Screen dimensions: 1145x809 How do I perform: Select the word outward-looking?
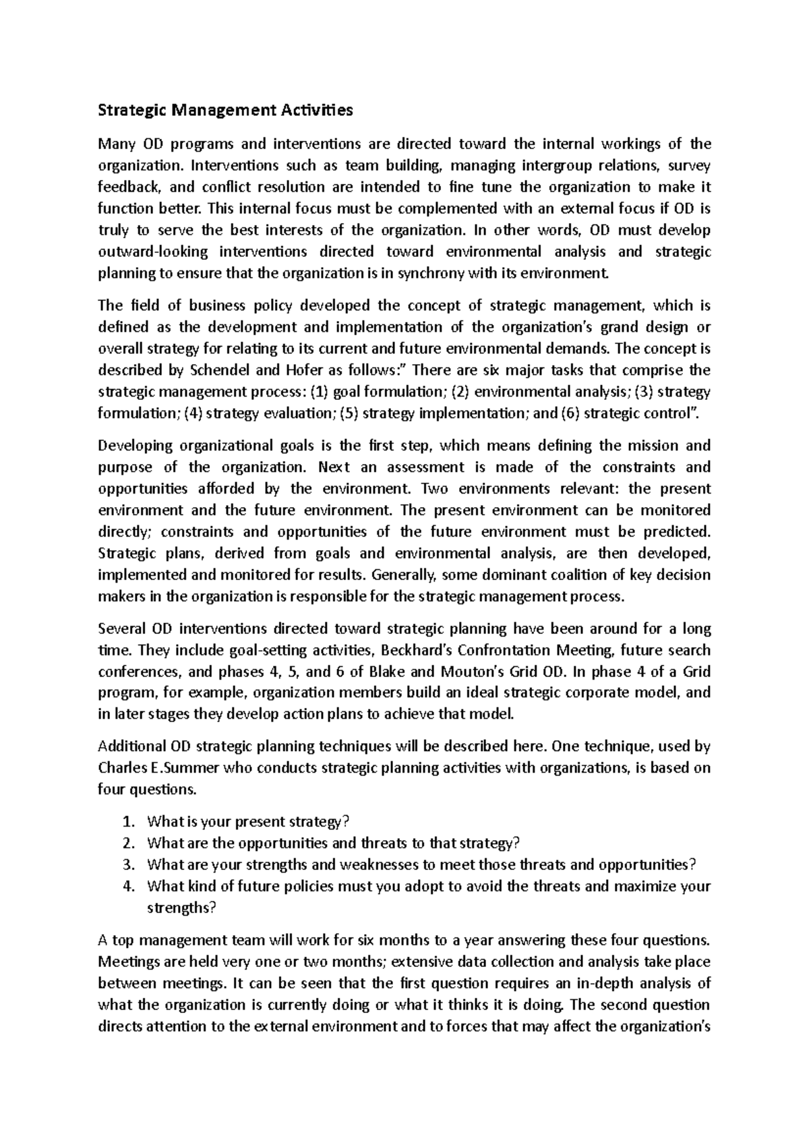[148, 252]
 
